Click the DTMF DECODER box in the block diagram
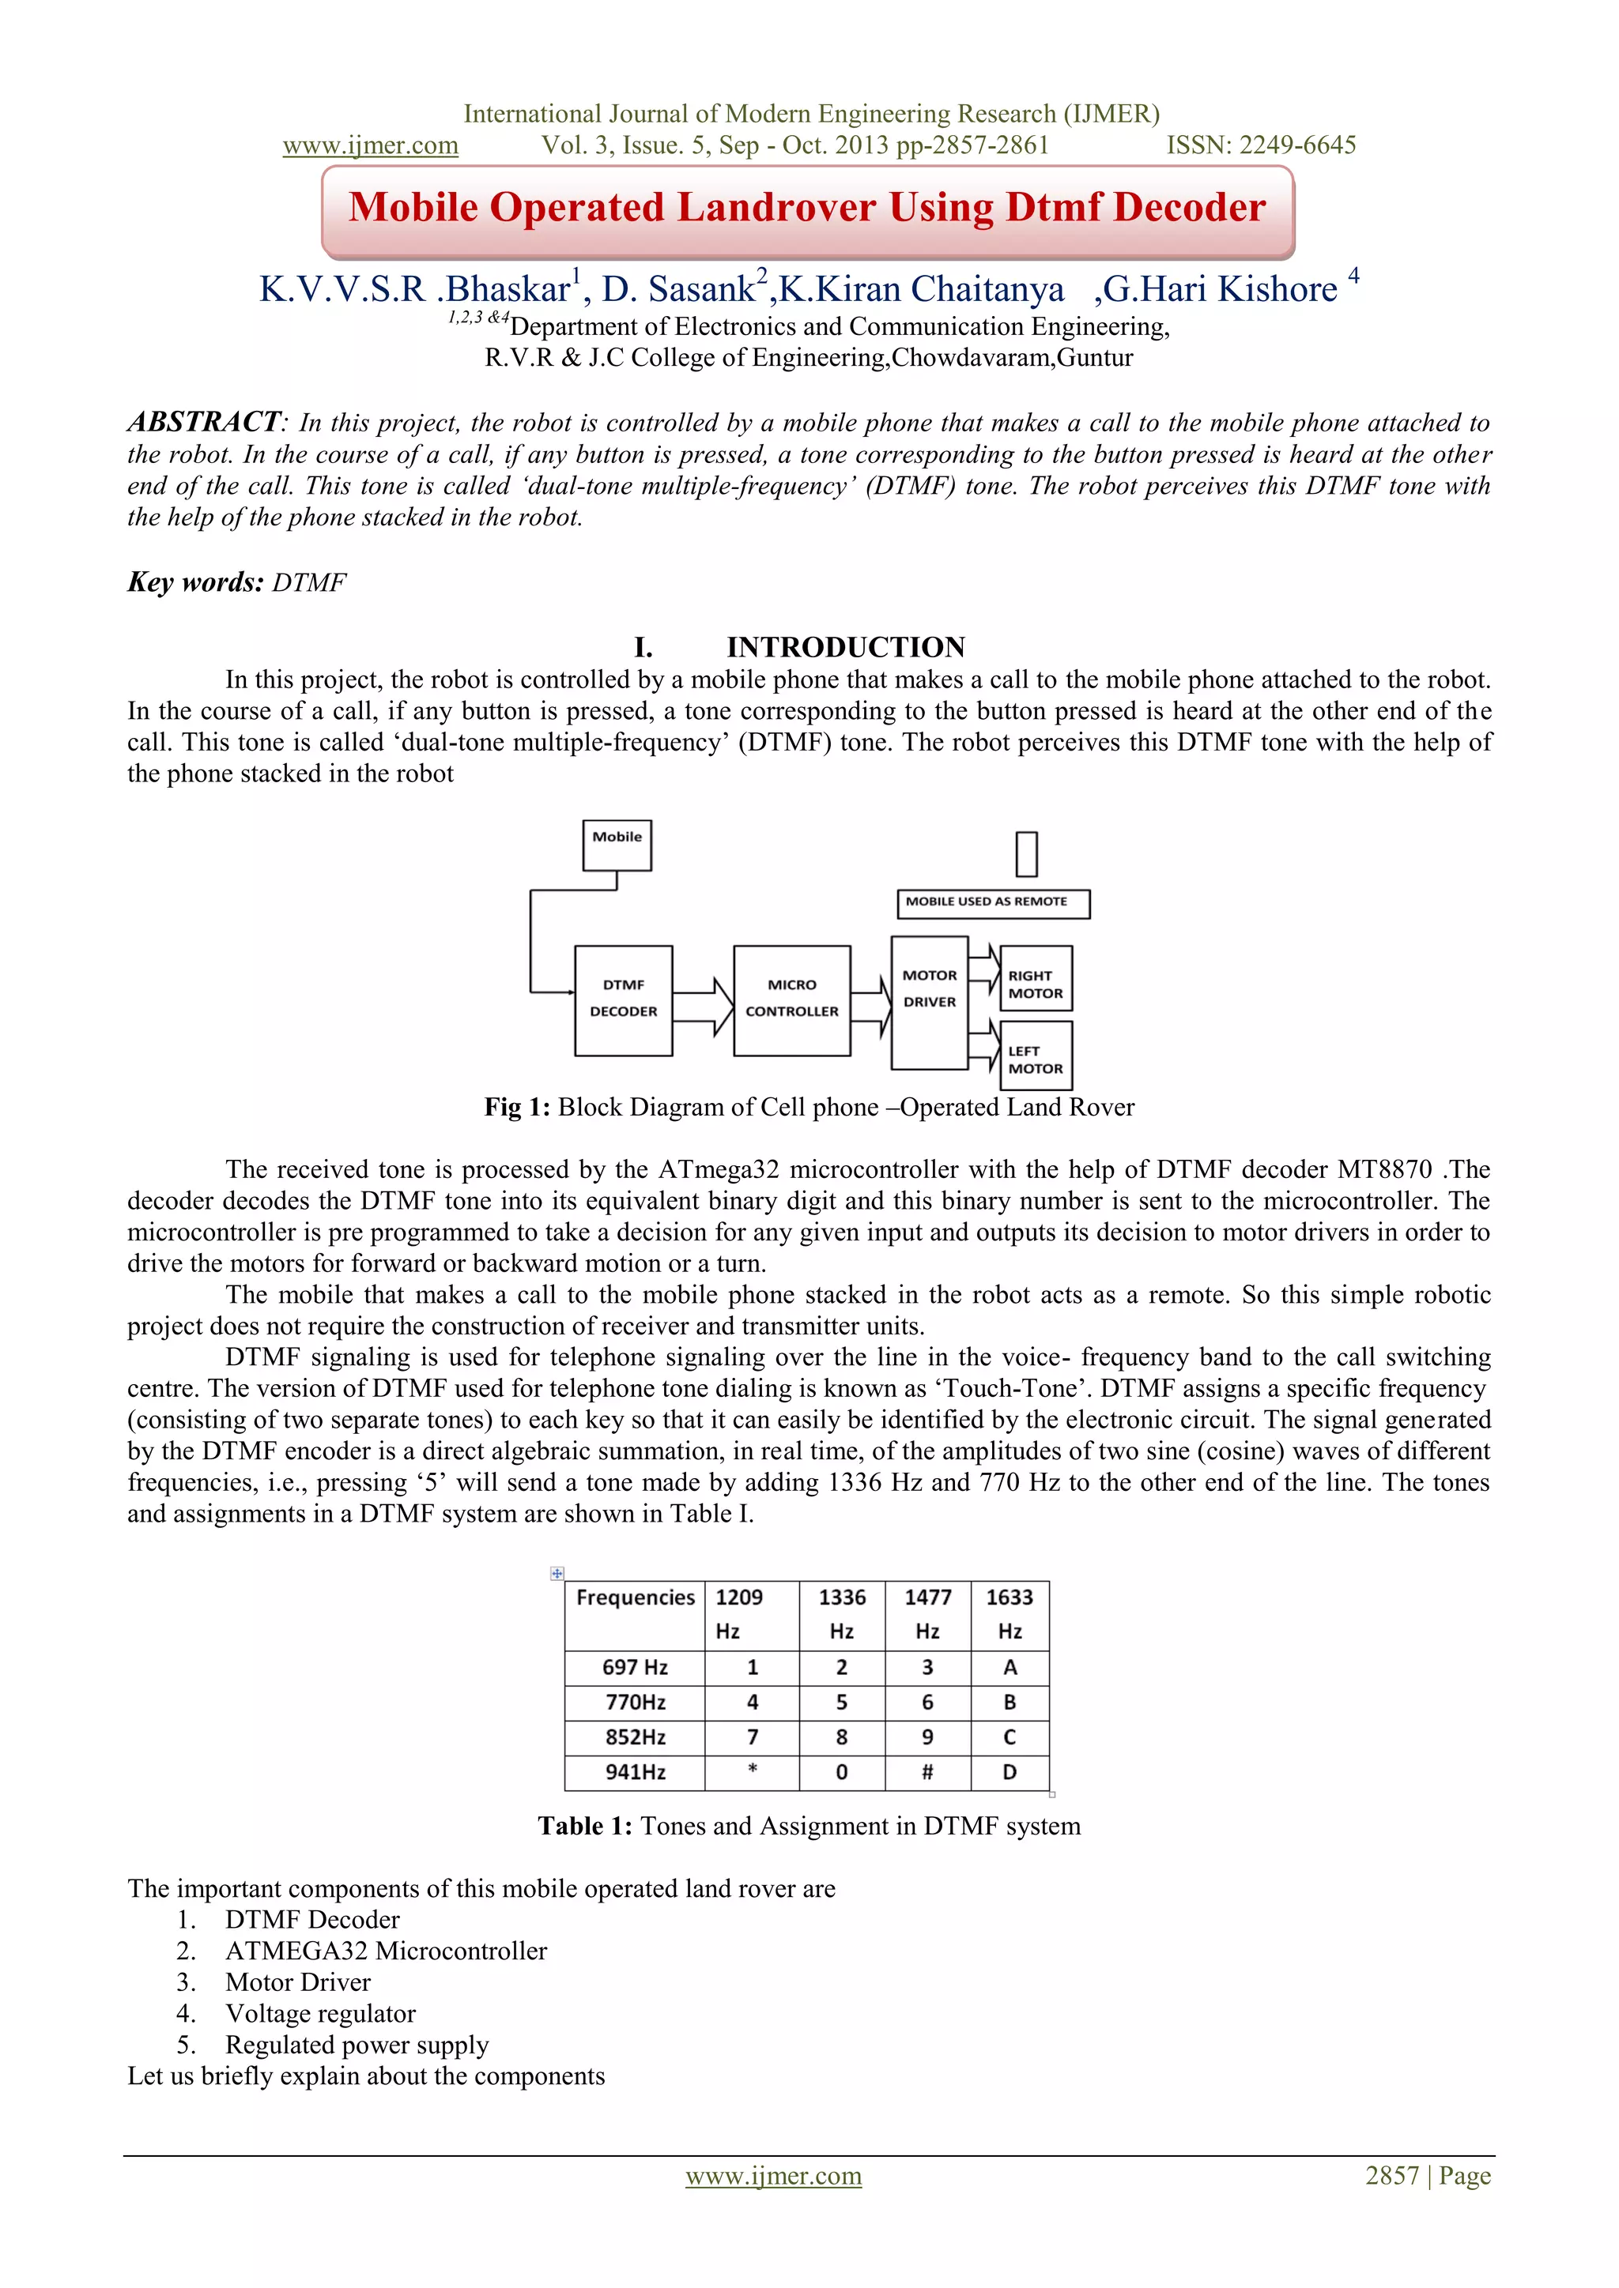click(x=623, y=999)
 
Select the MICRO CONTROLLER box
click(x=791, y=999)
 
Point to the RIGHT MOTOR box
click(x=1036, y=980)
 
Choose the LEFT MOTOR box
click(x=1036, y=1056)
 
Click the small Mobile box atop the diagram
click(x=617, y=843)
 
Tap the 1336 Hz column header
click(x=841, y=1613)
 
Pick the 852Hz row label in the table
click(x=635, y=1737)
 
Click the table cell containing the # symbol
click(x=927, y=1772)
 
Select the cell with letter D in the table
click(x=1010, y=1772)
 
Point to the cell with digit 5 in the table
click(x=841, y=1702)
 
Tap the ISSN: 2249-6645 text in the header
click(x=1260, y=145)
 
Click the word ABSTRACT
click(x=205, y=423)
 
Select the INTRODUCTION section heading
click(x=845, y=648)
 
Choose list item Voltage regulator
click(x=320, y=2013)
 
